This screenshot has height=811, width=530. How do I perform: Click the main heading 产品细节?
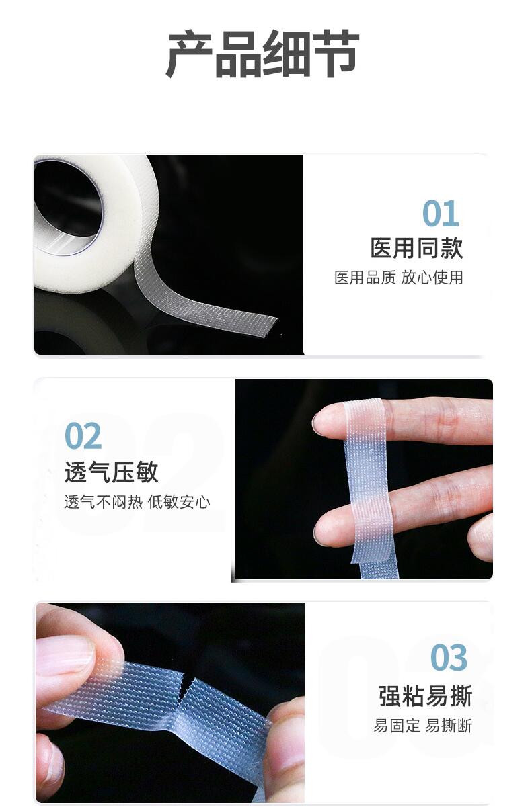[263, 54]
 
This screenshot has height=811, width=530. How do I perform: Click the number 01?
[441, 214]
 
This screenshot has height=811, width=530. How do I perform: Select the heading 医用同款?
[416, 248]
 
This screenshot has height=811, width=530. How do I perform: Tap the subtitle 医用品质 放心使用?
[399, 278]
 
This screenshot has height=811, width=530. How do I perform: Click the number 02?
[83, 437]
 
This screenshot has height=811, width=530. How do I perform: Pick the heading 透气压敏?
[111, 472]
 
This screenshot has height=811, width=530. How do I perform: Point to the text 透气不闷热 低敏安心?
[137, 502]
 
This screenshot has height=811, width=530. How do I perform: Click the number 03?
[449, 658]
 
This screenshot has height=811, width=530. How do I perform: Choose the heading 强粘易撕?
[425, 696]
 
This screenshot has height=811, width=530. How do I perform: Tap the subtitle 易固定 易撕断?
[422, 726]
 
